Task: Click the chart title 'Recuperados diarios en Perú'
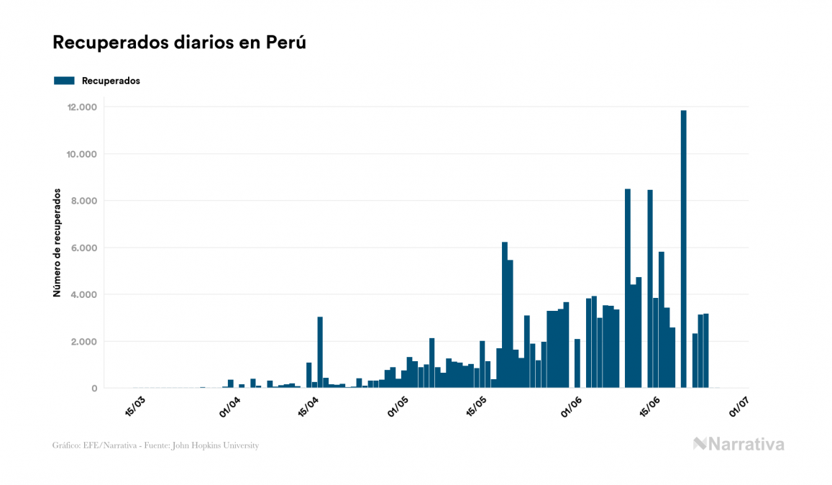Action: point(180,42)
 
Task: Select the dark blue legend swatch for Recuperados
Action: point(64,81)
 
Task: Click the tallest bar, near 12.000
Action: point(683,249)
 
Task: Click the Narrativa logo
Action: point(739,444)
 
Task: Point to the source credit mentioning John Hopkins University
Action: point(155,445)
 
